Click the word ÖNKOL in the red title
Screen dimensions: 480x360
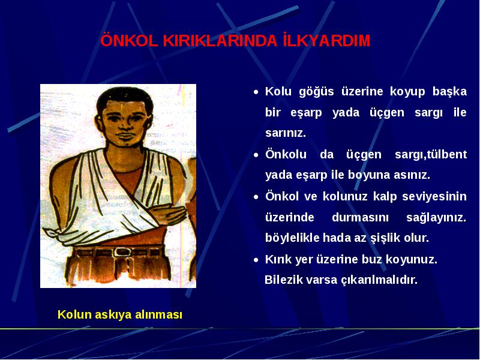(x=129, y=40)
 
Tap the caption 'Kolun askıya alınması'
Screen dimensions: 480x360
(x=120, y=314)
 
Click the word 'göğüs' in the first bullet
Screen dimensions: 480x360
(x=316, y=92)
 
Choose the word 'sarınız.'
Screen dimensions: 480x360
(x=286, y=133)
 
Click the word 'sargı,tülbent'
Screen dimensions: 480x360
(x=431, y=154)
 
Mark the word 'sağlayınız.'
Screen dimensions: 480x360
(x=436, y=218)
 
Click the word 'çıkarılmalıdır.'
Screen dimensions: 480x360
(x=379, y=280)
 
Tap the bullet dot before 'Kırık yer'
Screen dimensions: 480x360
(x=256, y=260)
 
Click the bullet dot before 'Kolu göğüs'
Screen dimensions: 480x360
(x=256, y=92)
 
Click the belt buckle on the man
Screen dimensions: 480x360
(x=119, y=252)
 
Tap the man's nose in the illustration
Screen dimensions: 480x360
(x=124, y=124)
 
